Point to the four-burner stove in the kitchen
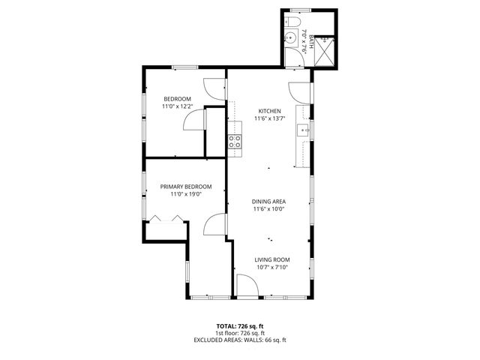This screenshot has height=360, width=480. pyautogui.click(x=235, y=142)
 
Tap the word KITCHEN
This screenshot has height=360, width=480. pyautogui.click(x=270, y=110)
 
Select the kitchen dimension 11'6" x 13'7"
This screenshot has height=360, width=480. pyautogui.click(x=270, y=118)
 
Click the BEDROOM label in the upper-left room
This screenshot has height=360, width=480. pyautogui.click(x=178, y=99)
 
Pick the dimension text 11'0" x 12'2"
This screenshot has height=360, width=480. pyautogui.click(x=178, y=106)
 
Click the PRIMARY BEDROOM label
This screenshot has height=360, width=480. pyautogui.click(x=186, y=187)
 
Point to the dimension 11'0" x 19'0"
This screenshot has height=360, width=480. pyautogui.click(x=186, y=194)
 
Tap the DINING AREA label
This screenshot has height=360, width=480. pyautogui.click(x=270, y=202)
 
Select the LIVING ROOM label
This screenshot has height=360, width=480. pyautogui.click(x=271, y=259)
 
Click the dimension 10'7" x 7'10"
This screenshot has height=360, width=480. pyautogui.click(x=271, y=267)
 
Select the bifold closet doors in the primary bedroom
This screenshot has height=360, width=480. pyautogui.click(x=165, y=218)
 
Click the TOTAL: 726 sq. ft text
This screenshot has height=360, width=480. pyautogui.click(x=240, y=325)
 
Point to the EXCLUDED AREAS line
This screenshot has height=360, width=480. pyautogui.click(x=240, y=340)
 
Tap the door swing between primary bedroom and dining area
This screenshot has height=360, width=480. pyautogui.click(x=217, y=224)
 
